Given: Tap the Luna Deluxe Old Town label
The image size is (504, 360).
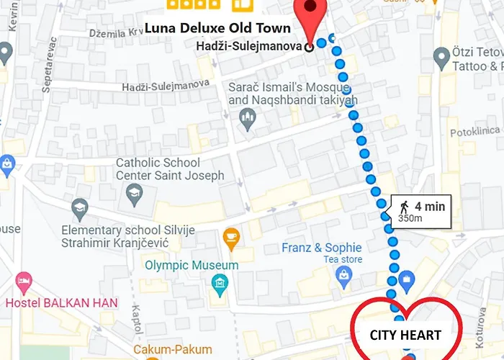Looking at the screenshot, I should [x=217, y=29].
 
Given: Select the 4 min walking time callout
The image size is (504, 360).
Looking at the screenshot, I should [x=421, y=212].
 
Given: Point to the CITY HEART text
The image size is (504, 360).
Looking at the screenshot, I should [x=405, y=335].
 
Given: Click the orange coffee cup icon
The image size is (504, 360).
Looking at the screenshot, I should [x=231, y=237].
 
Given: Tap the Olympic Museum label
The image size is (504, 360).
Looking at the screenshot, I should [x=192, y=266].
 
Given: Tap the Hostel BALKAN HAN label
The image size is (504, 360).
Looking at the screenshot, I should [x=61, y=302].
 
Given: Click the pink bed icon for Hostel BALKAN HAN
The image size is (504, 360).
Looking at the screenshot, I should [x=24, y=281].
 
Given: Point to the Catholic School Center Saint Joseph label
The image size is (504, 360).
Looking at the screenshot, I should [x=170, y=169].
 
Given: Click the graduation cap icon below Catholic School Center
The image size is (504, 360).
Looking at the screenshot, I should [x=133, y=192].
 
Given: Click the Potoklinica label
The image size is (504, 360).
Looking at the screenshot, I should [x=474, y=132].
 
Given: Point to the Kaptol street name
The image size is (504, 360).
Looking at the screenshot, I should [x=137, y=320].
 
